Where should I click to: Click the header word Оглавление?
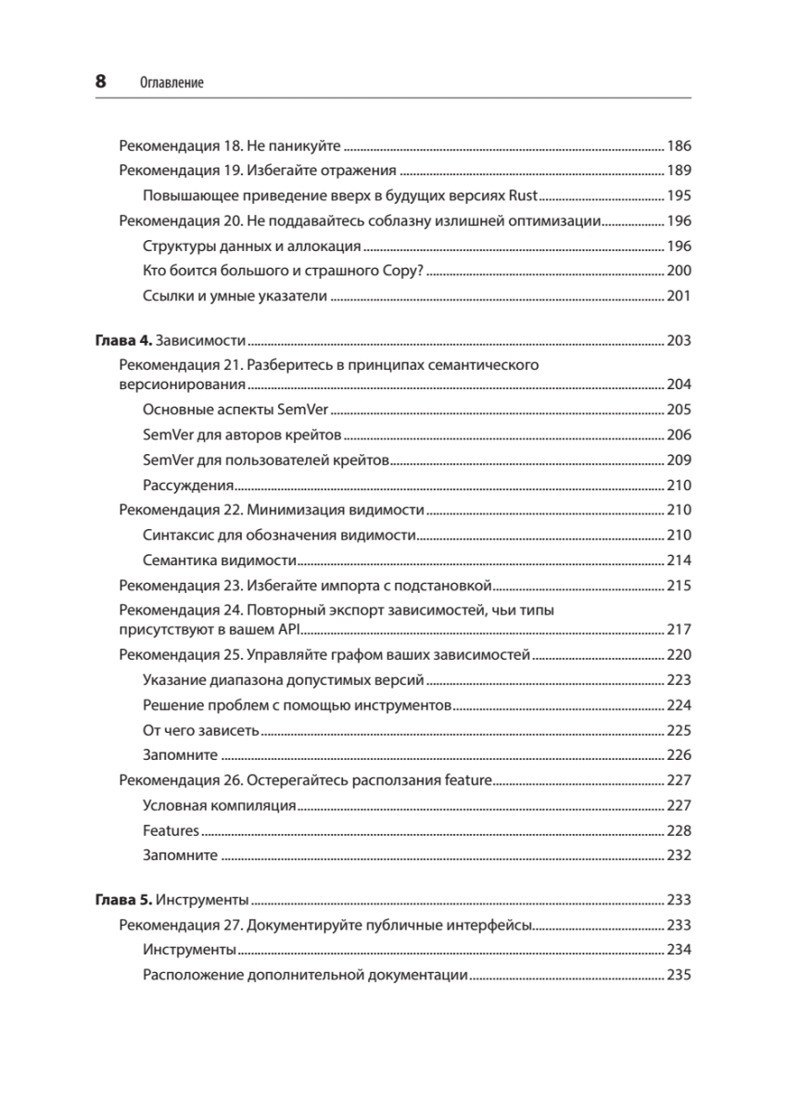point(171,82)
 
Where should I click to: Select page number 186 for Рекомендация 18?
point(679,145)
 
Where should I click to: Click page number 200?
point(679,271)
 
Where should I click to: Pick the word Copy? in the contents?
point(401,271)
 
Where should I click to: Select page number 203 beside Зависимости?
point(679,340)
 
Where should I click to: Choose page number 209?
point(679,460)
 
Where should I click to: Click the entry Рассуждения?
point(188,485)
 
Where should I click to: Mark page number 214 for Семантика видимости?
point(679,560)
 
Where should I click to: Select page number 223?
point(679,680)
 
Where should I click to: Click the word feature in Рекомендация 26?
point(468,780)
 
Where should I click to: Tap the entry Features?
point(171,830)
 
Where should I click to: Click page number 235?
point(679,975)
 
